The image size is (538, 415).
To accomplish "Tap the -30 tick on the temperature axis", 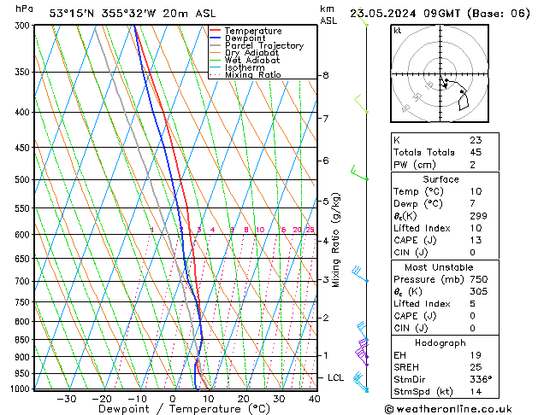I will pos(66,398).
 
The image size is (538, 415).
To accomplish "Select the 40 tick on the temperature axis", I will pos(314,398).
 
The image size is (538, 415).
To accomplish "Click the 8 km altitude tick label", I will pos(325,75).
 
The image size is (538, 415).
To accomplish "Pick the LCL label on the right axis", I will pos(336,377).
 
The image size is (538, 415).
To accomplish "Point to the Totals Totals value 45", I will pos(476,152).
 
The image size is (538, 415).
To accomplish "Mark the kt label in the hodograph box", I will pos(397,30).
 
